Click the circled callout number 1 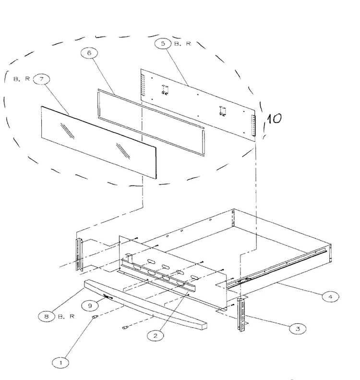(x=60, y=363)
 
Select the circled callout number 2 (x=156, y=336)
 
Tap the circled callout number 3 (x=298, y=329)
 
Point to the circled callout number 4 (x=330, y=296)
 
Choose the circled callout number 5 (x=163, y=43)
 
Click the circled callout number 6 (x=89, y=53)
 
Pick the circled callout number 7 (x=41, y=79)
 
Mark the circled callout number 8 (x=47, y=316)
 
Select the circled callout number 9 (x=90, y=306)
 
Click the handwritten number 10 (x=274, y=119)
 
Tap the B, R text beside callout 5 (x=182, y=44)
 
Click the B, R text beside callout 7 (x=22, y=79)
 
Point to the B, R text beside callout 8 (x=66, y=317)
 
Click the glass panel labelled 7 (x=99, y=143)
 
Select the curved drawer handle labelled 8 (x=145, y=305)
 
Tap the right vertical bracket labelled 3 (x=241, y=315)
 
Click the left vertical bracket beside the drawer (x=80, y=255)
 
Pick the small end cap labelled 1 (x=95, y=317)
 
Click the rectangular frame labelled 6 (x=151, y=123)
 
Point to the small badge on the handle (x=108, y=296)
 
